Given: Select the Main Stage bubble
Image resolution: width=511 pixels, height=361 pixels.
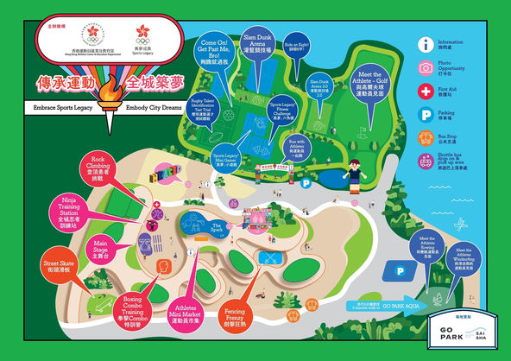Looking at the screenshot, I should (x=101, y=248).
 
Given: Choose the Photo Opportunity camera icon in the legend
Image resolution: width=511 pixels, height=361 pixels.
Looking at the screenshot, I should (x=426, y=68).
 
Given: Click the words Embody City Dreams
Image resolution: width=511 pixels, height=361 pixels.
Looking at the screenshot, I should (x=155, y=108).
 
